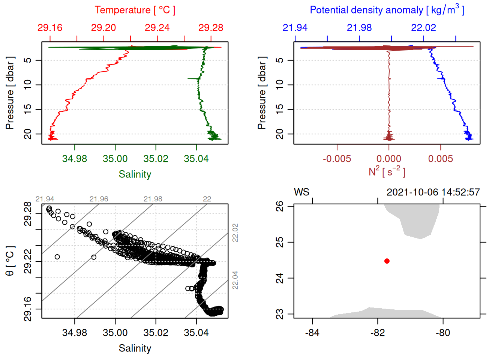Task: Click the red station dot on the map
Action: click(x=387, y=261)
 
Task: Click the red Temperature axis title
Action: click(x=135, y=10)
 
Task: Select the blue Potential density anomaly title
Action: click(x=387, y=10)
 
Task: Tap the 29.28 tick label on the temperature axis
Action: click(x=211, y=28)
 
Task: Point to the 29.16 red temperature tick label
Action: click(x=50, y=28)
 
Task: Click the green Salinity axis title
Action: click(x=135, y=174)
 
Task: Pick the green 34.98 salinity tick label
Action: click(x=75, y=159)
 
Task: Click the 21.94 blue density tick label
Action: click(x=295, y=28)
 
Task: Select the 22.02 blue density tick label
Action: click(x=423, y=28)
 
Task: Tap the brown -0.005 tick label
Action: click(x=337, y=159)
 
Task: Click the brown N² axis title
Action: click(x=387, y=172)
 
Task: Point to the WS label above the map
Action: click(x=301, y=192)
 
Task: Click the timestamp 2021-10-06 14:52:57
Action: click(x=433, y=192)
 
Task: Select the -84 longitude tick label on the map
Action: click(x=312, y=333)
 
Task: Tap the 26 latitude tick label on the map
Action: click(x=280, y=206)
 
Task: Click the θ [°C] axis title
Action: click(x=10, y=261)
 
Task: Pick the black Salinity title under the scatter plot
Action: click(x=135, y=348)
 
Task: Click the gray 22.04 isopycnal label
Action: click(x=235, y=280)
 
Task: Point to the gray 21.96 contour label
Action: click(x=99, y=199)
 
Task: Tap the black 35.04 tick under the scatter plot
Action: click(x=196, y=333)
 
